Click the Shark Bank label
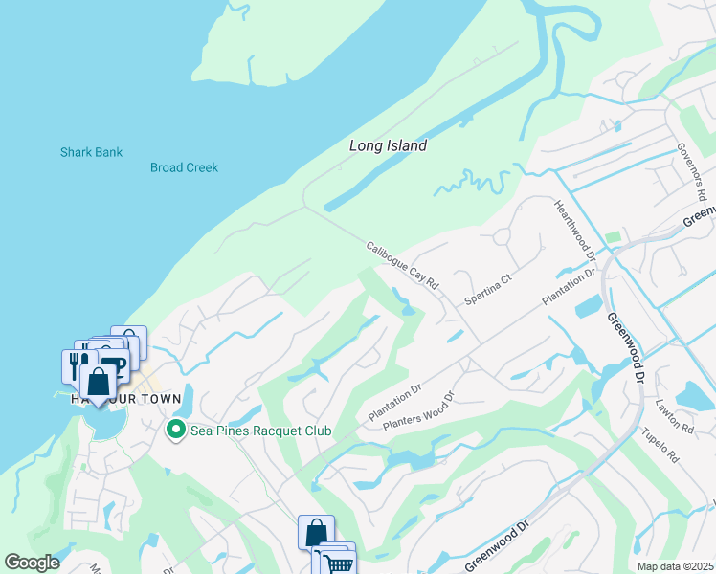(91, 152)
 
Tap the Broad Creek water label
(184, 167)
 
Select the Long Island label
(388, 146)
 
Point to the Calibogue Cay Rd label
(402, 265)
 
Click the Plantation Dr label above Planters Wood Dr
(394, 404)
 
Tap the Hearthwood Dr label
(575, 231)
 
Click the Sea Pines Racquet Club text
(259, 431)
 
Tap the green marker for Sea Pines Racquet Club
(175, 430)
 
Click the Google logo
(32, 563)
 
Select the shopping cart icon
(339, 563)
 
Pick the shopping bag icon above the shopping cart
(316, 531)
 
